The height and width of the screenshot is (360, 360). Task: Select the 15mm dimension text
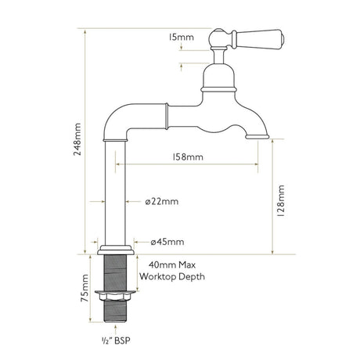[x=181, y=37]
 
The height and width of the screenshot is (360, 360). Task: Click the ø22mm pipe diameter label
[x=162, y=201]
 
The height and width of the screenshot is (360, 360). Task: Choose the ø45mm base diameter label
[x=167, y=240]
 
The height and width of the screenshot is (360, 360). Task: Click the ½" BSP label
[x=115, y=342]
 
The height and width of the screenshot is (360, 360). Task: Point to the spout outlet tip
[x=257, y=136]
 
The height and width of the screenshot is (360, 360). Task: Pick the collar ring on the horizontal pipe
[x=167, y=115]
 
